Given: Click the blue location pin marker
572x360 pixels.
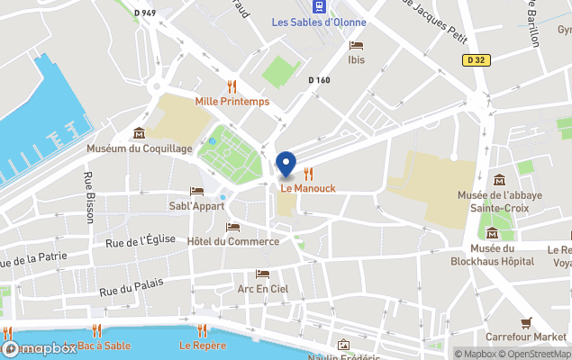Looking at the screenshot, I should (286, 165).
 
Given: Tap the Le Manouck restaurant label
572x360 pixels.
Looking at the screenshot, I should (307, 188).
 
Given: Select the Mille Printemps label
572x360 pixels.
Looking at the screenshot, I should (232, 102).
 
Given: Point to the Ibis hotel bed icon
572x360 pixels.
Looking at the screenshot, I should (356, 45).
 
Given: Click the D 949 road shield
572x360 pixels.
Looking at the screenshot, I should (145, 13).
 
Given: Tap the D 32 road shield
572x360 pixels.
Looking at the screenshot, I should (478, 60).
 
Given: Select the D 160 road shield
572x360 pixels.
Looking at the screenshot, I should (319, 80).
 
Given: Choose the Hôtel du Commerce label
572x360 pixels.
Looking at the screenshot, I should (233, 241).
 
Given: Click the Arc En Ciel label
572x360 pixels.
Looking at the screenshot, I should (262, 289).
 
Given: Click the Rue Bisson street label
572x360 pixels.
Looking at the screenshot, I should (89, 198).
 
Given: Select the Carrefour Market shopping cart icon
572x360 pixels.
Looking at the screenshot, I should (526, 322).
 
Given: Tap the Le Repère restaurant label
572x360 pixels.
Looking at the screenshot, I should (202, 345).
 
